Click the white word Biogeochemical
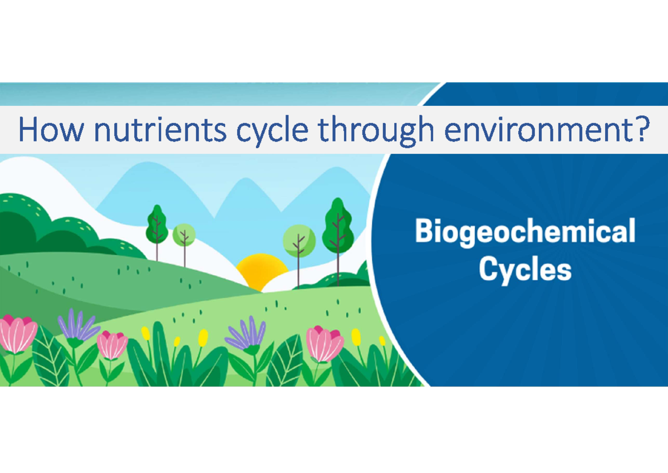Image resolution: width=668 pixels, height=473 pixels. (525, 231)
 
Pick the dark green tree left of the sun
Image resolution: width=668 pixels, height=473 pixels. (157, 226)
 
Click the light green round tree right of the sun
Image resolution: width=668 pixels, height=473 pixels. (299, 241)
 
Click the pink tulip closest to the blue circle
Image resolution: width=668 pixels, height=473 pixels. (324, 343)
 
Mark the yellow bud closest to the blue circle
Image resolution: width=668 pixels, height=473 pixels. (382, 341)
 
